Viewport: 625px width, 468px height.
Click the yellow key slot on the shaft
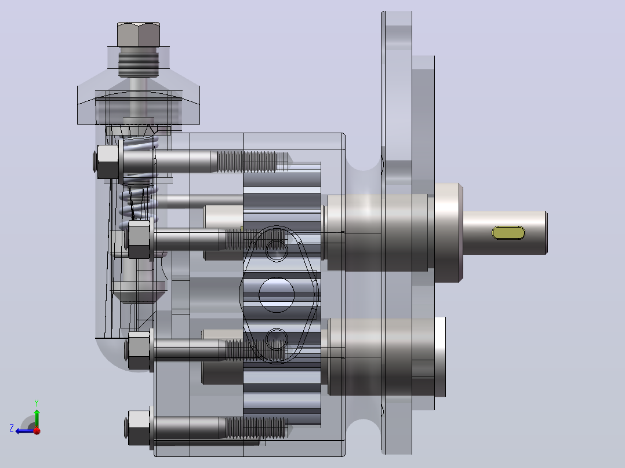508,233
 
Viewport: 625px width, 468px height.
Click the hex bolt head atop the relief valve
139,35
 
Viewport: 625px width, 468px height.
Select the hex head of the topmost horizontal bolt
108,162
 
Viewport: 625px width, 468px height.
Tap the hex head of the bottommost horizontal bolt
139,428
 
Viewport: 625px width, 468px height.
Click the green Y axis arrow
37,418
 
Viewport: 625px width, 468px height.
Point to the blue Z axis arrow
25,431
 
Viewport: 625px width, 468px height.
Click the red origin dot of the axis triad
37,430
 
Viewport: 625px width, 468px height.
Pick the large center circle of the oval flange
277,295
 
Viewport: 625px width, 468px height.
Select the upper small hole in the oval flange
277,250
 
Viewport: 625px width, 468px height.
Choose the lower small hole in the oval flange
277,339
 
